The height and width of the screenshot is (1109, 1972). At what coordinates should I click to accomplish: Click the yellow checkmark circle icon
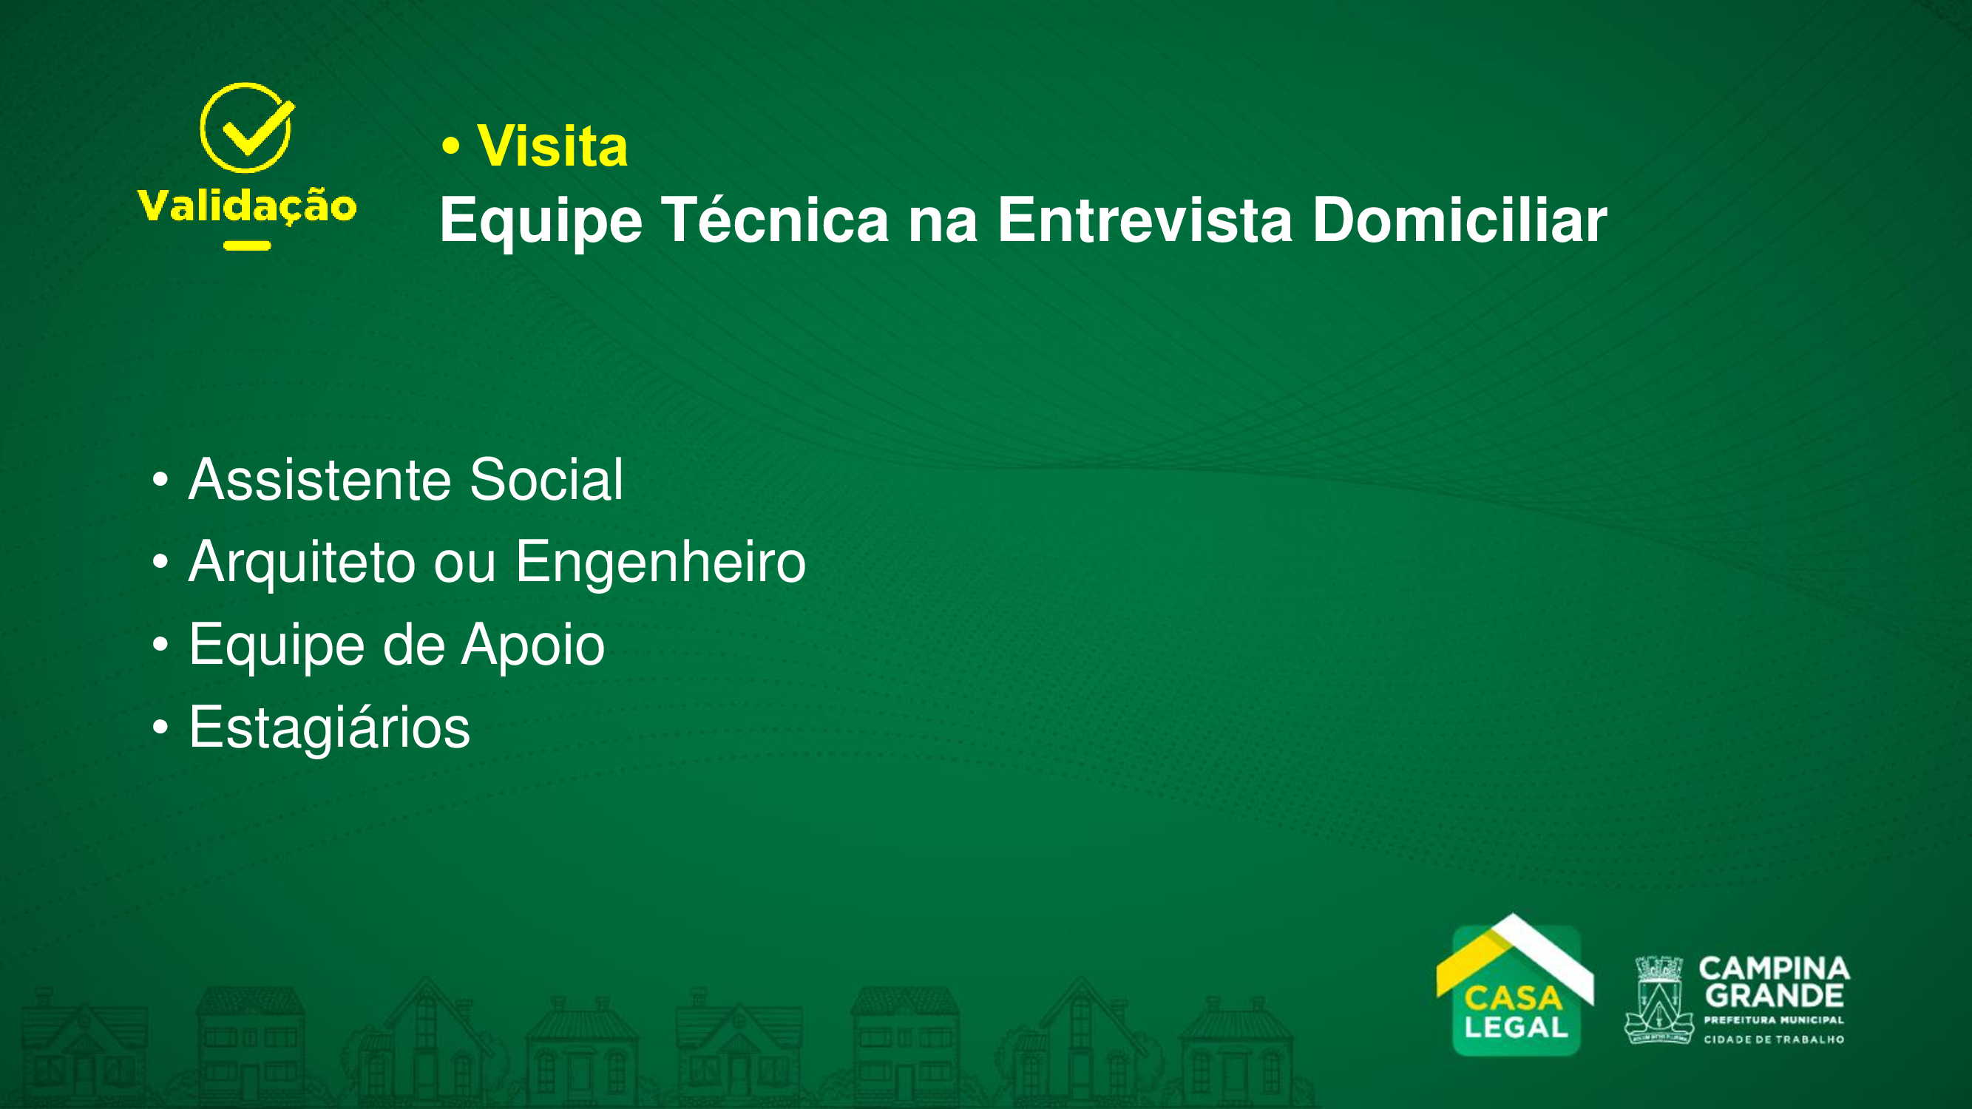point(246,127)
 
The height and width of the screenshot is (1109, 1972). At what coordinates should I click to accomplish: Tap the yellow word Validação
point(247,207)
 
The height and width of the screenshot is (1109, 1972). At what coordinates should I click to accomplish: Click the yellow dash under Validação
point(247,245)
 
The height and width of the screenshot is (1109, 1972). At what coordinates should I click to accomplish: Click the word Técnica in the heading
point(775,220)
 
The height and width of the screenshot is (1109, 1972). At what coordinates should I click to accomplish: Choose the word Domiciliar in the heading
point(1460,220)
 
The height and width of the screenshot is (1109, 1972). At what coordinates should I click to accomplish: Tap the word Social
point(546,480)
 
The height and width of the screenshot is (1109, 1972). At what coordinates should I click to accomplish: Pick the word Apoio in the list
point(533,646)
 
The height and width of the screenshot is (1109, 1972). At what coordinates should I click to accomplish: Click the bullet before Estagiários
point(160,727)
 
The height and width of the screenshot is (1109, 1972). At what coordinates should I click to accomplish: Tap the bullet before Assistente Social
point(160,480)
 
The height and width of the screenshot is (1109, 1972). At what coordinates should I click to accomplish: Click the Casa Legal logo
point(1515,986)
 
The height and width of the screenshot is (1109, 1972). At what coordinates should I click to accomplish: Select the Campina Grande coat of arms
point(1658,1000)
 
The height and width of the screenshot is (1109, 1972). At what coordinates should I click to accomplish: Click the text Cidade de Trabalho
point(1774,1040)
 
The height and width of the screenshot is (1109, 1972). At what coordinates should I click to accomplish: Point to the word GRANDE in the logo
point(1775,997)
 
